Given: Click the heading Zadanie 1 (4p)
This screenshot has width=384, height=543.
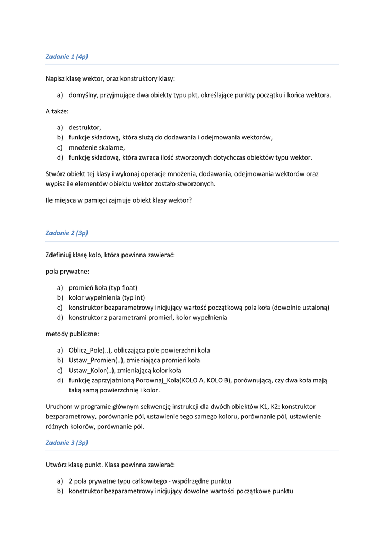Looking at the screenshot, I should (66, 56).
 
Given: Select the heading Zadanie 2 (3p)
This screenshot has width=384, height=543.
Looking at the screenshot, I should (66, 233).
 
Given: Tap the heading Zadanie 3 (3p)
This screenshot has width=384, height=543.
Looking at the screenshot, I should (66, 442).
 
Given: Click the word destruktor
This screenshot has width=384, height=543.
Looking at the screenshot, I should (84, 127).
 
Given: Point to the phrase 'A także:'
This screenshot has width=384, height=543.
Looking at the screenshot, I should (57, 111).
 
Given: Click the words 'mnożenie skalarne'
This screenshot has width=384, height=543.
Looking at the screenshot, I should (97, 147).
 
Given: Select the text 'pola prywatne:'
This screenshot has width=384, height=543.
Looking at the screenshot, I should (67, 271).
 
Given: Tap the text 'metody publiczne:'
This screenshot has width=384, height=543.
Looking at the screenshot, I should (72, 334).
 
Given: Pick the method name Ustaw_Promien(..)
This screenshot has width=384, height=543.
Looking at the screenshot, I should (97, 360).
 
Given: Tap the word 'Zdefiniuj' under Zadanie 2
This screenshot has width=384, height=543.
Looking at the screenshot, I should (59, 255).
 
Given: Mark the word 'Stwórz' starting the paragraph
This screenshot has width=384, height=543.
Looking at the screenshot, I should (56, 173).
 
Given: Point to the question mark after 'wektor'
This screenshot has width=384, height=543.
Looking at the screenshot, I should (191, 200).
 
